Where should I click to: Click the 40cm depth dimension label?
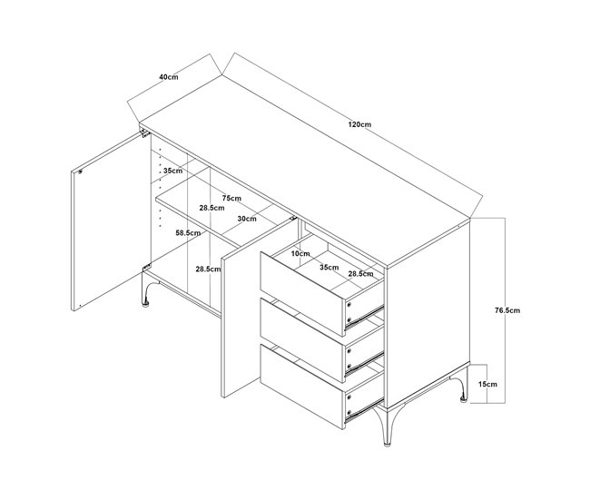tap(169, 77)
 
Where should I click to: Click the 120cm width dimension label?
tap(359, 124)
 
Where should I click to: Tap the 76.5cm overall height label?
tap(507, 310)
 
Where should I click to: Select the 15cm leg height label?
tap(487, 384)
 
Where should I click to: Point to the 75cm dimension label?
tap(231, 198)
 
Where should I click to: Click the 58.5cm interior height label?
tap(188, 233)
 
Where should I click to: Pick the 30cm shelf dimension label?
tap(247, 219)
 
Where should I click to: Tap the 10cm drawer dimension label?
tap(300, 253)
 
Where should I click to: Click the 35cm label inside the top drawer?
tap(329, 268)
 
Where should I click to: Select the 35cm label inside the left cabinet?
tap(172, 171)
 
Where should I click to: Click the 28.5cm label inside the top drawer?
tap(360, 274)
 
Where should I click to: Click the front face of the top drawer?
tap(302, 294)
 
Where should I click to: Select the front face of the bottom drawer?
tap(302, 387)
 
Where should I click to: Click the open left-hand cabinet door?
tap(111, 222)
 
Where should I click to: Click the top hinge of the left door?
tap(145, 132)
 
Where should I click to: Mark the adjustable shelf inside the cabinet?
tap(221, 215)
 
